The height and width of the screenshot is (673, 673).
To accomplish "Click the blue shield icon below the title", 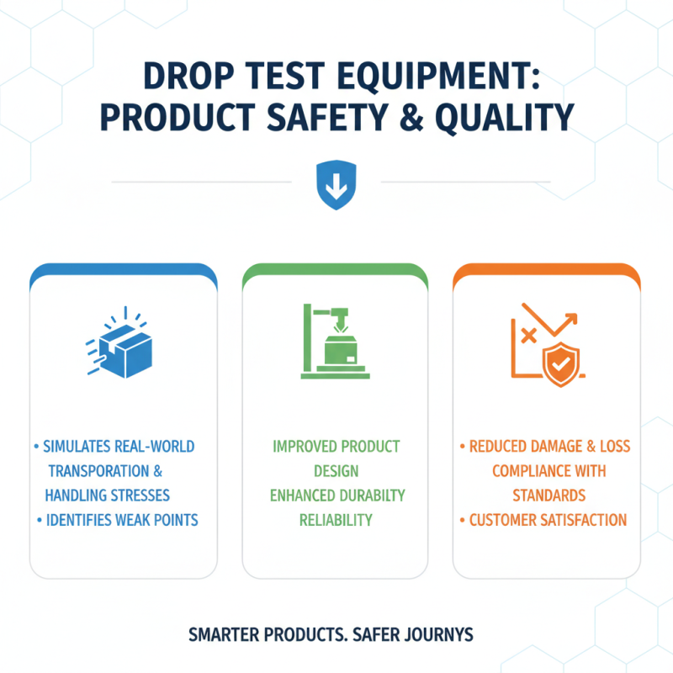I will [335, 186].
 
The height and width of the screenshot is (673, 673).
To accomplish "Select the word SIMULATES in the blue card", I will [82, 445].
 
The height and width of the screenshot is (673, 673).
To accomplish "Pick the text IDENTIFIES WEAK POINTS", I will [120, 519].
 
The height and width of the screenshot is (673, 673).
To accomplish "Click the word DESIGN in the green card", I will [336, 470].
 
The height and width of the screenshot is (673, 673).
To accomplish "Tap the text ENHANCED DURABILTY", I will [336, 495].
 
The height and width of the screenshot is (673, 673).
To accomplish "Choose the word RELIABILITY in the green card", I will [336, 519].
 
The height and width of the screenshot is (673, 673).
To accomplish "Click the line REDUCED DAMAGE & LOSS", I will [549, 445].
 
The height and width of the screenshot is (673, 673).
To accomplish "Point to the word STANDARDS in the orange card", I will [549, 495].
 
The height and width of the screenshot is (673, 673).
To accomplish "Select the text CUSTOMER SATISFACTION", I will [548, 519].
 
